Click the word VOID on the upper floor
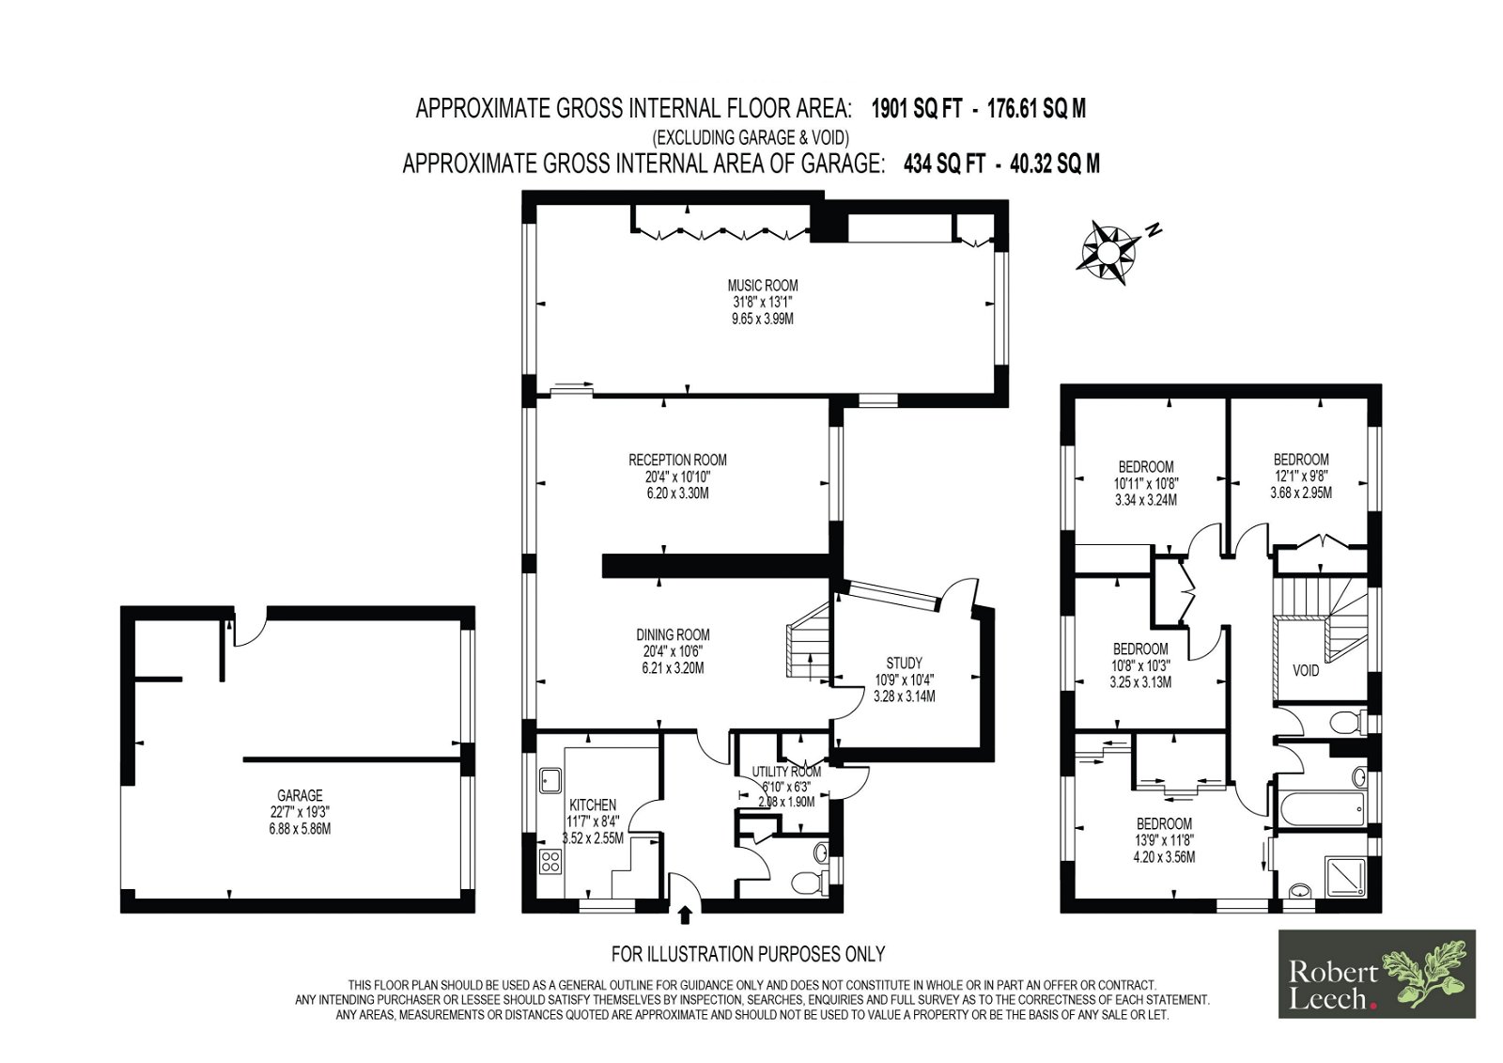tap(1306, 670)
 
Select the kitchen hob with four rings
tap(550, 861)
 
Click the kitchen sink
tap(550, 779)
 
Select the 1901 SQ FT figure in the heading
tap(917, 108)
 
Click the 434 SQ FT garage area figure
tap(945, 164)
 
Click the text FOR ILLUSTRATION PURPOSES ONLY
tap(748, 954)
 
